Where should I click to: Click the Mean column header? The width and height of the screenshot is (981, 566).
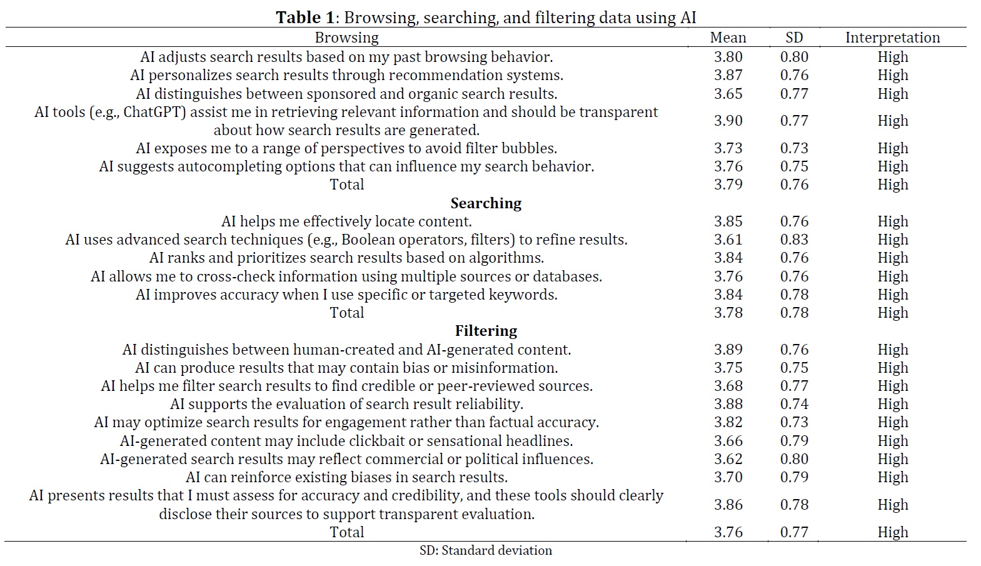point(728,38)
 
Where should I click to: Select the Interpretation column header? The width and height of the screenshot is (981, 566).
point(892,38)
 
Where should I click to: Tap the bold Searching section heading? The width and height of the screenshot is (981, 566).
point(486,203)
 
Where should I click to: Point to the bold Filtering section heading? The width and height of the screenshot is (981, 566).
point(486,331)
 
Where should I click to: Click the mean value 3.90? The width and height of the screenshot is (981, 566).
point(728,121)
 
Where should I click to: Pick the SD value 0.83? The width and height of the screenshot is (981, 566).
point(794,240)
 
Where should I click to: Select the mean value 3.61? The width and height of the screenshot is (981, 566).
point(728,240)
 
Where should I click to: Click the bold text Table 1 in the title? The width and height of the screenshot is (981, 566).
point(305,18)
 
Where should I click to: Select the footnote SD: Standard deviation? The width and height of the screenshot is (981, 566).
point(486,550)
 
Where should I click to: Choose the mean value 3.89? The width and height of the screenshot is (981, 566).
point(728,350)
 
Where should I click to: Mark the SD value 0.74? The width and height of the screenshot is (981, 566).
point(794,404)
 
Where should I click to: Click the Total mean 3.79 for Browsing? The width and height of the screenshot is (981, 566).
point(728,184)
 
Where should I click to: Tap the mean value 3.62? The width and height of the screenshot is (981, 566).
point(728,459)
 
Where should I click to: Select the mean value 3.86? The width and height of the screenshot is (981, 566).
point(728,505)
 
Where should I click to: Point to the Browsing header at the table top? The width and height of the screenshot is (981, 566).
point(346,38)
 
